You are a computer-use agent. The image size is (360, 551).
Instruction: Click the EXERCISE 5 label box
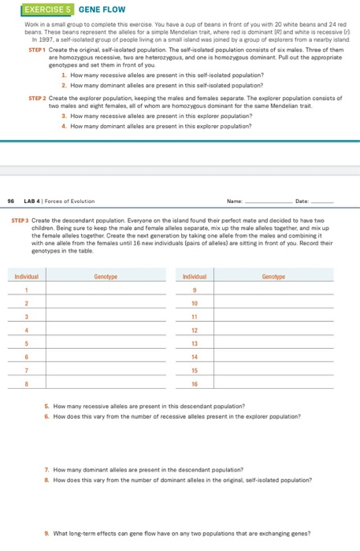[x=36, y=11]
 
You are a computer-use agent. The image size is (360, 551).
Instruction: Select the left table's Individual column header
[x=27, y=277]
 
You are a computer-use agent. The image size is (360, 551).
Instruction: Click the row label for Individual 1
[x=27, y=290]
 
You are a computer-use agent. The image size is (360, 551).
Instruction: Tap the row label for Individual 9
[x=194, y=290]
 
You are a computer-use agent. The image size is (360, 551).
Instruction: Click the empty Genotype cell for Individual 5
[x=106, y=343]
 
